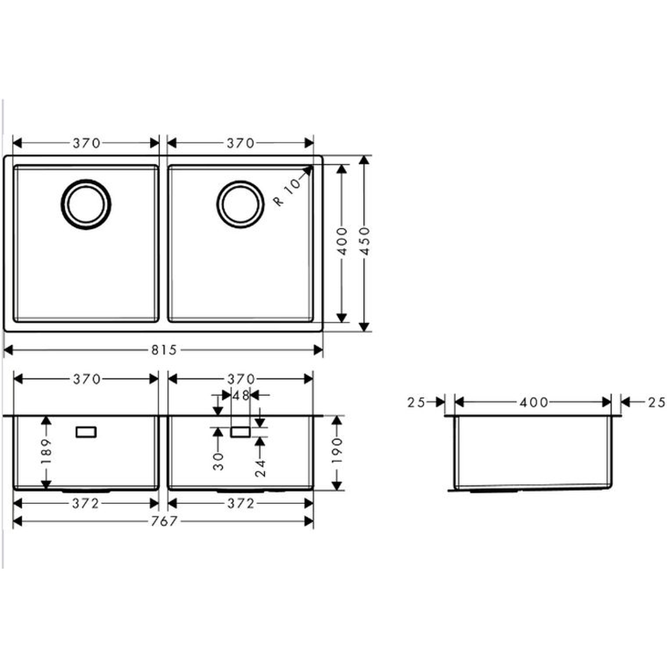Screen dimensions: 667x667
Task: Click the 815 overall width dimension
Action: point(164,350)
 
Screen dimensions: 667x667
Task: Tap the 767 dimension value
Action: point(164,521)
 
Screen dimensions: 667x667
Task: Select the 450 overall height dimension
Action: point(364,241)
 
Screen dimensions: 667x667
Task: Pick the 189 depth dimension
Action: point(46,451)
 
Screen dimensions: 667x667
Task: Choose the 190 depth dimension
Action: point(337,450)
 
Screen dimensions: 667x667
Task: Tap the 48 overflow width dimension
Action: point(240,396)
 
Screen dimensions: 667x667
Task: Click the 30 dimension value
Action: point(218,461)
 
